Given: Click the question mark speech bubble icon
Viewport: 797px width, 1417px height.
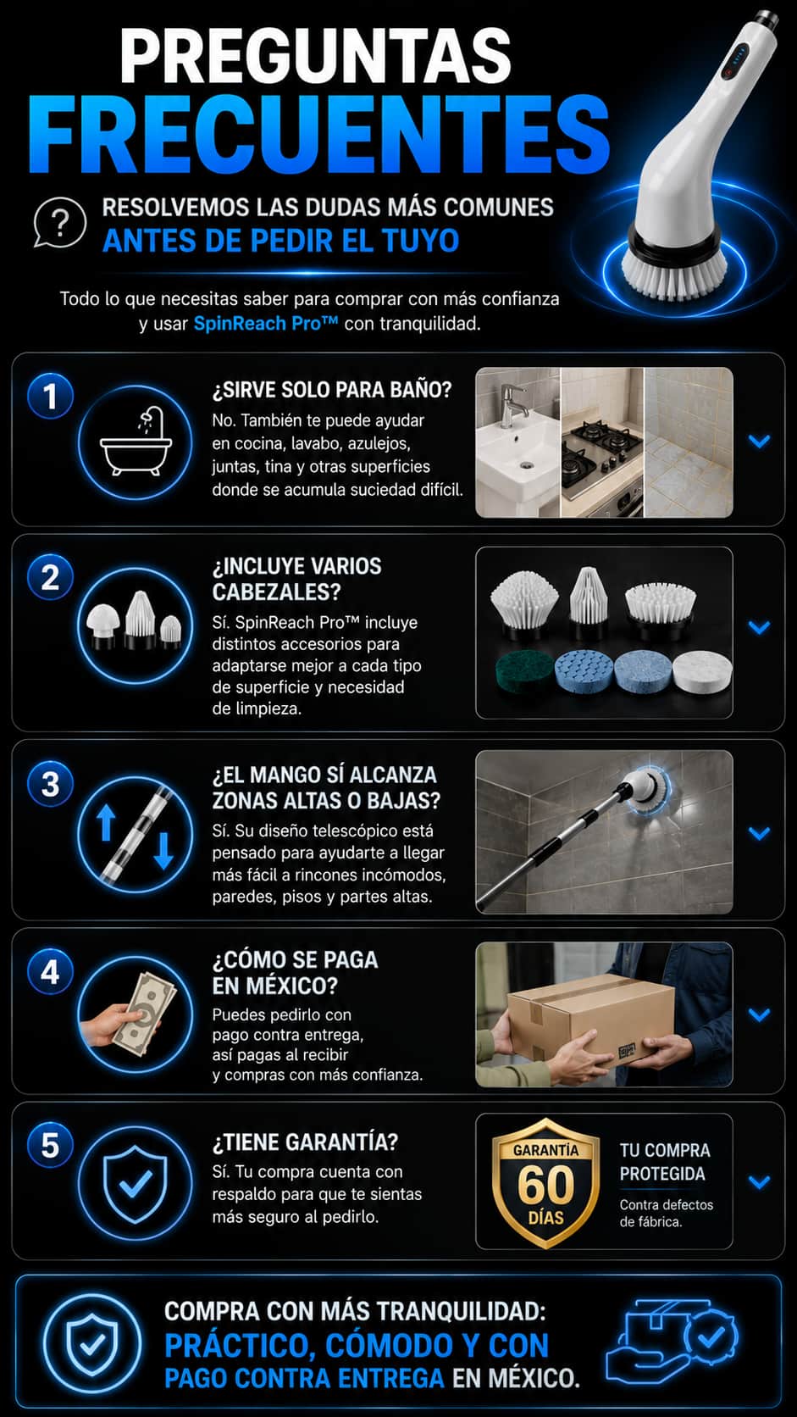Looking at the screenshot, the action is pos(60,223).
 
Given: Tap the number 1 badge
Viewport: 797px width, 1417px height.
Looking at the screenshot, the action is pos(51,396).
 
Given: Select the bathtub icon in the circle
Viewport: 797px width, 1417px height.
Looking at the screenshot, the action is pos(136,441).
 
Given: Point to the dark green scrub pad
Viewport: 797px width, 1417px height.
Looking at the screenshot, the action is pos(524,673).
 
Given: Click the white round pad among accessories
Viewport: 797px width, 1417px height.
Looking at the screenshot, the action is pos(702,672).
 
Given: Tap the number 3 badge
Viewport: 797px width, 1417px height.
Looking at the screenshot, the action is pos(51,785).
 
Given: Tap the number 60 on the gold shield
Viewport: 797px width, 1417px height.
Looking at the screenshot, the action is pos(545,1185).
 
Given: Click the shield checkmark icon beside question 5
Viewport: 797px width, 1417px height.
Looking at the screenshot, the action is pos(136,1181).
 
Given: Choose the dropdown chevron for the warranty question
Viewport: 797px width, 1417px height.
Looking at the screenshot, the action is pos(759,1181).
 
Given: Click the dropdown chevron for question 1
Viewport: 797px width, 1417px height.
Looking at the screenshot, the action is pos(759,441).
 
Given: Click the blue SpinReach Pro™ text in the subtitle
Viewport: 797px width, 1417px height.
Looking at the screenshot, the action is pos(266,323).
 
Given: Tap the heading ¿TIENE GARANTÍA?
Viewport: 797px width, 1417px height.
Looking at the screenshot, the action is pos(305,1142).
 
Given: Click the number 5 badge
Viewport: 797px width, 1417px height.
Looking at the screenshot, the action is pos(51,1146).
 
